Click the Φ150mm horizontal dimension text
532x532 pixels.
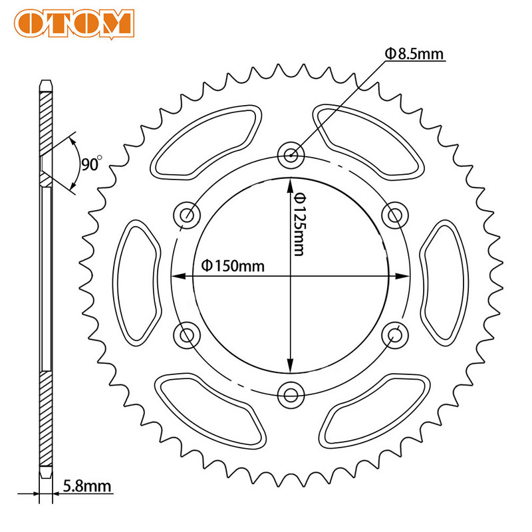pos(232,266)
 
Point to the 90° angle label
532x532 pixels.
pos(91,163)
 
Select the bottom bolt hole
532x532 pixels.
pos(291,394)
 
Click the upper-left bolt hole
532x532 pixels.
pos(187,215)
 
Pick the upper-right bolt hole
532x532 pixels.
pos(396,215)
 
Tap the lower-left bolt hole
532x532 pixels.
pos(187,334)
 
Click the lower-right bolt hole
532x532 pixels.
pos(396,334)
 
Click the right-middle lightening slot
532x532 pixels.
pos(444,275)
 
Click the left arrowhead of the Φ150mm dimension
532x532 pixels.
pos(177,275)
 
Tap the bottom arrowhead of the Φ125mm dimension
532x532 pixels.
pos(291,366)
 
